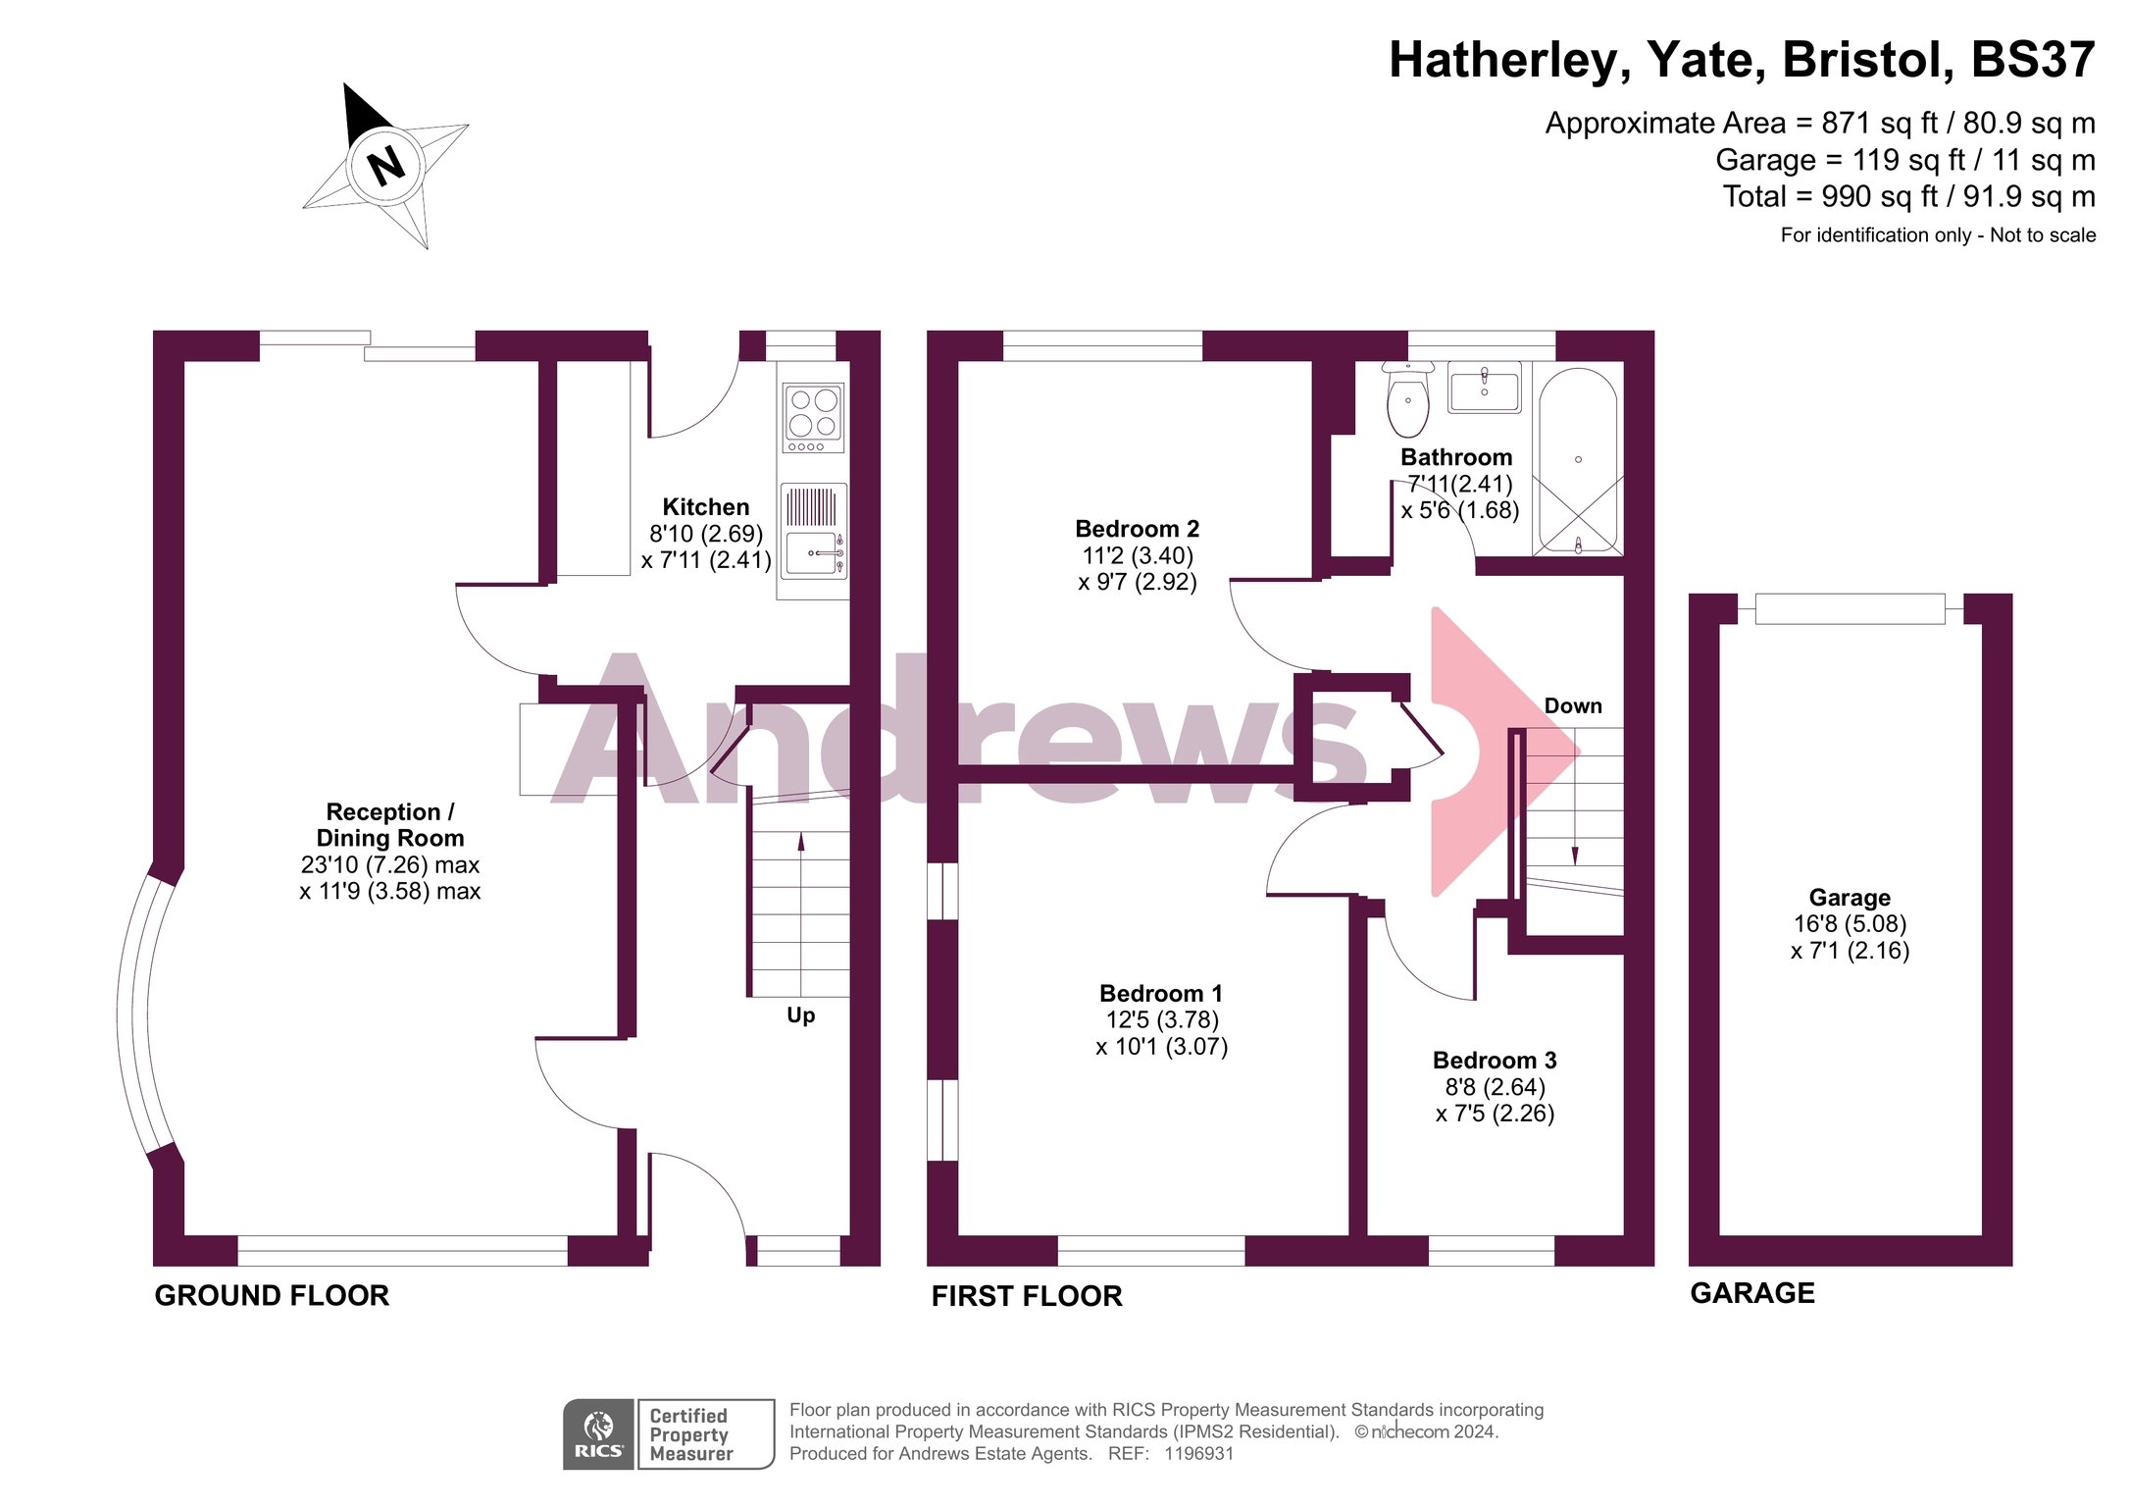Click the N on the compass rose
pyautogui.click(x=386, y=165)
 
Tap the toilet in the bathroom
pyautogui.click(x=1407, y=399)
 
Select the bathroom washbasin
pyautogui.click(x=1485, y=388)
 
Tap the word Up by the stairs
pyautogui.click(x=800, y=1015)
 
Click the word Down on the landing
pyautogui.click(x=1573, y=705)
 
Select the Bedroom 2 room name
pyautogui.click(x=1138, y=529)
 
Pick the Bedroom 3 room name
pyautogui.click(x=1495, y=1061)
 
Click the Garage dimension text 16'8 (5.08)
pyautogui.click(x=1850, y=924)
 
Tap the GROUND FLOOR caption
pyautogui.click(x=272, y=1295)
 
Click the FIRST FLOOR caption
pyautogui.click(x=1027, y=1296)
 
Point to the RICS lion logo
pyautogui.click(x=598, y=1434)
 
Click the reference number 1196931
pyautogui.click(x=1198, y=1454)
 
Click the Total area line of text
pyautogui.click(x=1908, y=196)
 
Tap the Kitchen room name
pyautogui.click(x=706, y=507)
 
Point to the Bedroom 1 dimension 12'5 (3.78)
pyautogui.click(x=1162, y=1020)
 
